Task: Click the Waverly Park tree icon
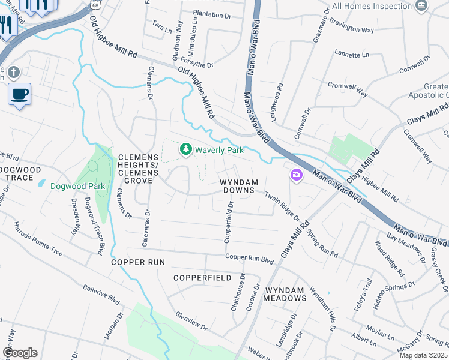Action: pos(186,149)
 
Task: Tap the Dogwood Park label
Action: pos(77,186)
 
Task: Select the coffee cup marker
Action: pos(19,94)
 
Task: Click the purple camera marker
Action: pos(297,175)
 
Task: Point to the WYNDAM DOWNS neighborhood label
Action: pos(238,186)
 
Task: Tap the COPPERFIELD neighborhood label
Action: pos(202,278)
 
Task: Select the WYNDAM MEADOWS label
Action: pos(286,294)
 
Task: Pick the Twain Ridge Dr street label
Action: pos(282,204)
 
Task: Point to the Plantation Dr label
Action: pos(212,14)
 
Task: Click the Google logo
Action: pos(19,353)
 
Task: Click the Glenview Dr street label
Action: pos(191,321)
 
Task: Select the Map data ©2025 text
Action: pos(423,355)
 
